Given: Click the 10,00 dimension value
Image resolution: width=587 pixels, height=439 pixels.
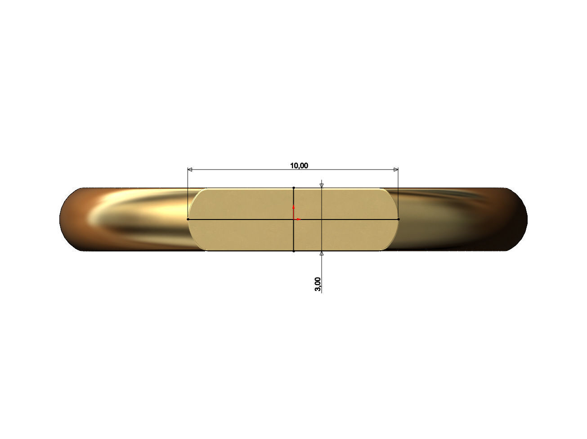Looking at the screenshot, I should click(x=299, y=166).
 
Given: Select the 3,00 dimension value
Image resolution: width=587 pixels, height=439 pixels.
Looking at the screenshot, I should click(x=318, y=284).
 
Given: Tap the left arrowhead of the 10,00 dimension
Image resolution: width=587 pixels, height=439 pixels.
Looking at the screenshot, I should click(x=190, y=170).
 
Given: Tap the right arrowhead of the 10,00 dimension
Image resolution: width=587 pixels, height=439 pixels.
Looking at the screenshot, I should click(x=396, y=170).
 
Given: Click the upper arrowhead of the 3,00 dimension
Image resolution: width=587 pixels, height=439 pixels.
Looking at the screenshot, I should click(x=321, y=185).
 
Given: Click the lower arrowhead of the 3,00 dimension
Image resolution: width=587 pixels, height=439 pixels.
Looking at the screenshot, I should click(x=321, y=254).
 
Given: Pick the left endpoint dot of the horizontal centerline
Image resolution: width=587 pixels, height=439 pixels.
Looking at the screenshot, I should click(x=188, y=219).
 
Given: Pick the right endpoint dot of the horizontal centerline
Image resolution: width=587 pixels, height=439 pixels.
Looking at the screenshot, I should click(x=399, y=219).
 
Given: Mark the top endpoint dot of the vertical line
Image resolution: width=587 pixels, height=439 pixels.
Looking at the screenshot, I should click(x=294, y=188).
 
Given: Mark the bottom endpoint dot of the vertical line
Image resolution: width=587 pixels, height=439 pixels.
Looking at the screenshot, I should click(x=294, y=251).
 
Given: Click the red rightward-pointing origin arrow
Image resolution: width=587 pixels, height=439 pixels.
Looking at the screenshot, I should click(x=298, y=219).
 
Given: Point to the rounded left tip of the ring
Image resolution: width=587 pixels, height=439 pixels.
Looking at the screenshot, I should click(x=61, y=219).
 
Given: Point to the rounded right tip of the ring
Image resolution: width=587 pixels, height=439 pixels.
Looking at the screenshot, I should click(x=526, y=219).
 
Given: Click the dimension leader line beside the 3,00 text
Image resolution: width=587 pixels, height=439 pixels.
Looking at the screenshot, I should click(x=322, y=274).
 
